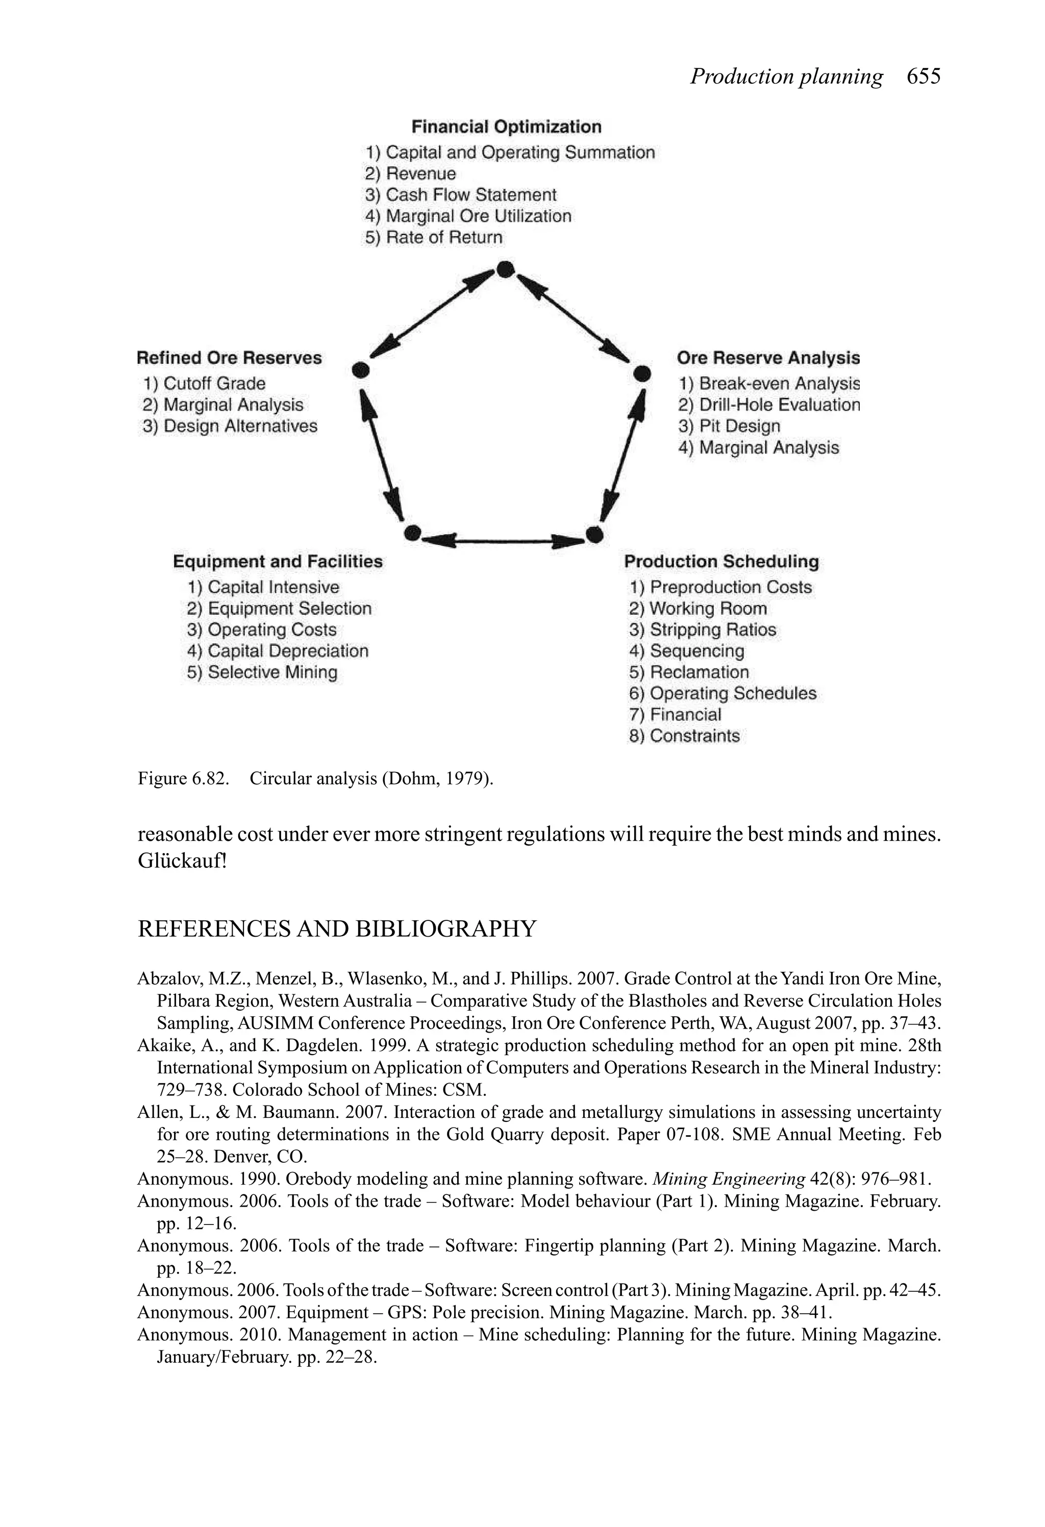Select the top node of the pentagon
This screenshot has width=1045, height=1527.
point(505,269)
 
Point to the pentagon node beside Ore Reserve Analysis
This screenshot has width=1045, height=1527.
point(641,374)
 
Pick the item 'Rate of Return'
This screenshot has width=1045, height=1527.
point(443,237)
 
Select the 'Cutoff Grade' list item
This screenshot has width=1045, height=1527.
point(214,384)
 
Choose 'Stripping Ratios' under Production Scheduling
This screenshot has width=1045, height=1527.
point(712,630)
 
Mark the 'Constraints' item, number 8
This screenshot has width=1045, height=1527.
point(694,736)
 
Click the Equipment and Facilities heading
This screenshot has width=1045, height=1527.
point(278,562)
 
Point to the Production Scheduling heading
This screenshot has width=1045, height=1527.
point(721,562)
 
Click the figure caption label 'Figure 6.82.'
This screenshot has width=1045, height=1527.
point(183,779)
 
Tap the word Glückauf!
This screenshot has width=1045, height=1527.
point(182,861)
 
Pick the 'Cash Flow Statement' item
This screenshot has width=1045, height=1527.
point(470,195)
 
